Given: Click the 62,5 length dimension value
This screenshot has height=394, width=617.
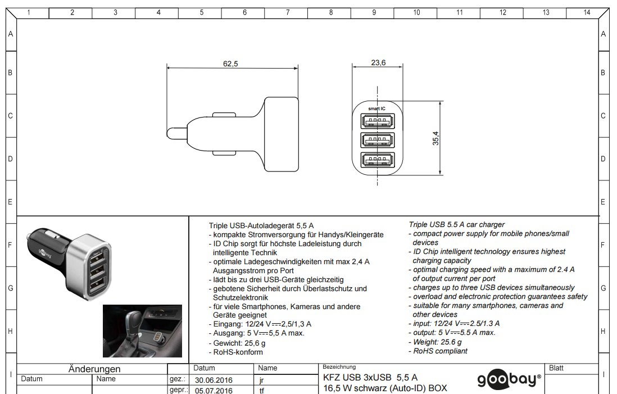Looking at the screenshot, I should coord(230,64).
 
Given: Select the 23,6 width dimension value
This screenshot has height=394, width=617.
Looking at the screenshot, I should coord(378,63).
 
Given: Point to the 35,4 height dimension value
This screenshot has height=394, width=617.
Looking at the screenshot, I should coord(435,138).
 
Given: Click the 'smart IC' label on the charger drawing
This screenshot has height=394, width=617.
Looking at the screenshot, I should coord(376,108).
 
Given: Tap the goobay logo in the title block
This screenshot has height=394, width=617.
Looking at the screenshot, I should coord(509,381).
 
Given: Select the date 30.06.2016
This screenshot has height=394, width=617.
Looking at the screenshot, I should coord(213,380).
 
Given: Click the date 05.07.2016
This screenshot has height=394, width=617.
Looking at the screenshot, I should coord(213,391).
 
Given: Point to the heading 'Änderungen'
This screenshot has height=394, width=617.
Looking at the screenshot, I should coord(94,369).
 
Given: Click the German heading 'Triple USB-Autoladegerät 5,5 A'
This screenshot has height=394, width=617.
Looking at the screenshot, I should coord(261,225).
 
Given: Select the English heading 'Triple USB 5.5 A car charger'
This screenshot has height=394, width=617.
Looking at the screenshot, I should coord(456,225).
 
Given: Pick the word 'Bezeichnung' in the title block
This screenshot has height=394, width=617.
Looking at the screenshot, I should coord(339,367).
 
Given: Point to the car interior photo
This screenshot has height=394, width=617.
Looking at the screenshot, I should coord(142,331).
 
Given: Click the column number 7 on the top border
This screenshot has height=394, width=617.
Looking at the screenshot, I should coord(287,12).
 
